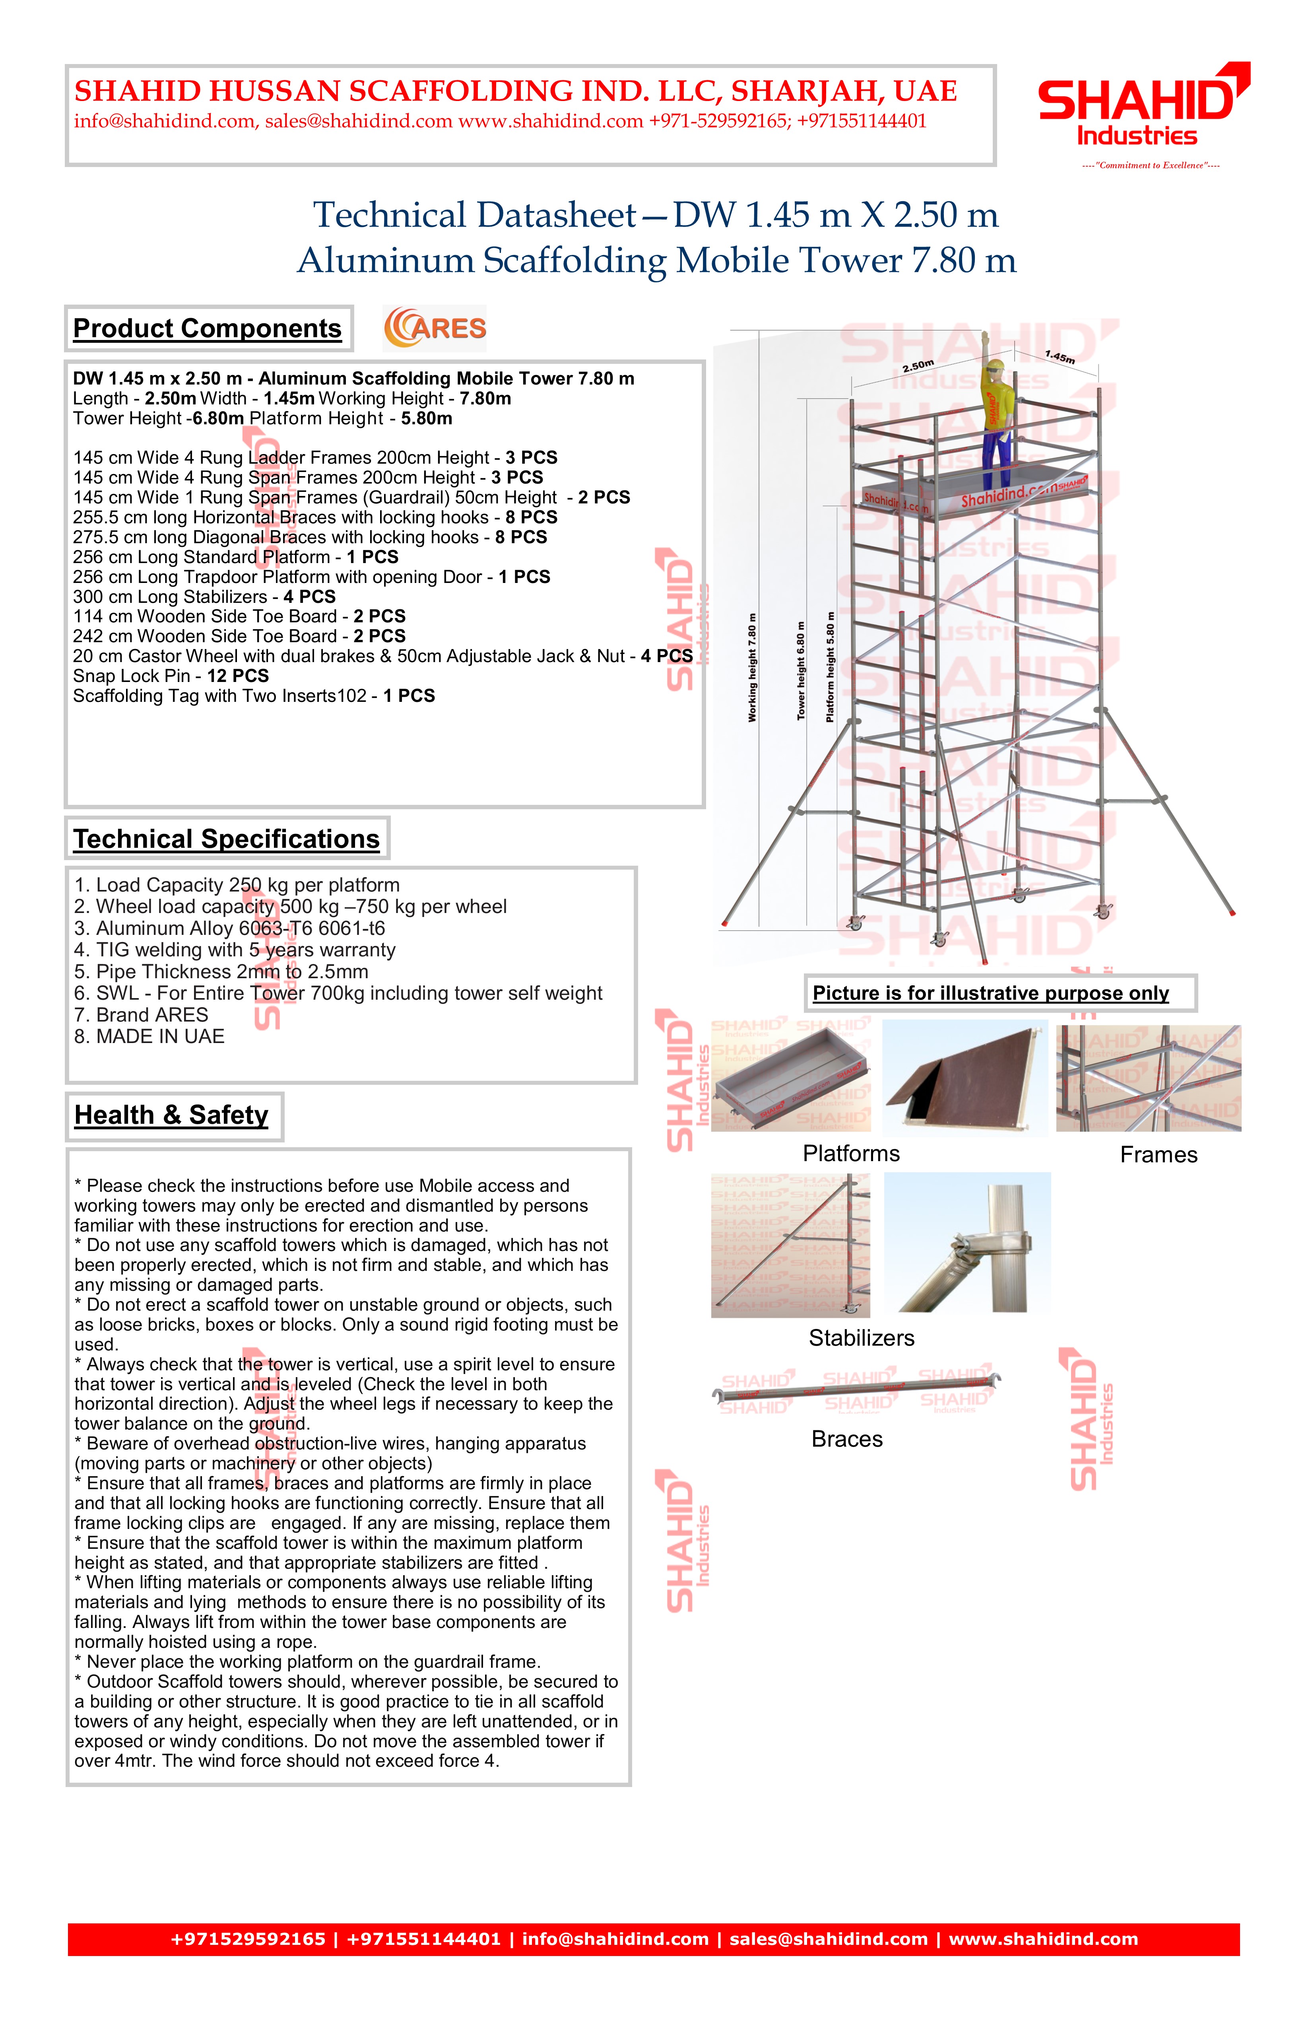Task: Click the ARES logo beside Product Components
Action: (x=435, y=328)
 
